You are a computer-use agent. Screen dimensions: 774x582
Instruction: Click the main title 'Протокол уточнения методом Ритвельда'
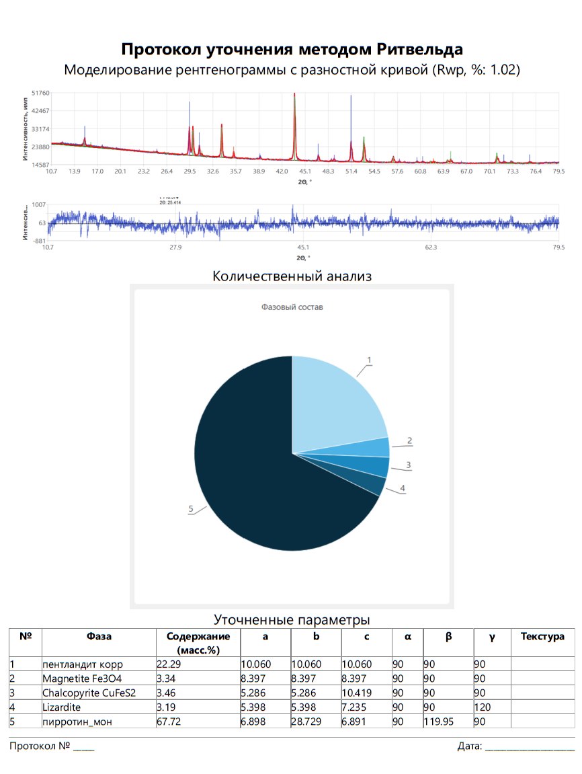pos(292,49)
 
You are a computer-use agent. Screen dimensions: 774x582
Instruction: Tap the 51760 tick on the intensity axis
pos(40,93)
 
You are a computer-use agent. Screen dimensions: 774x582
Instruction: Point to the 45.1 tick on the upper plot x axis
pos(304,172)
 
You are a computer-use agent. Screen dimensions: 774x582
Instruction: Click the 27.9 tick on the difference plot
pos(175,247)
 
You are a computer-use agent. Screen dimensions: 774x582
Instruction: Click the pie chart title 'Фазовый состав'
pos(292,307)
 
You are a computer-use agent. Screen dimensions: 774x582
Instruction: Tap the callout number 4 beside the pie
pos(403,488)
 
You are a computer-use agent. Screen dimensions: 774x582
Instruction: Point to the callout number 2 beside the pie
pos(409,441)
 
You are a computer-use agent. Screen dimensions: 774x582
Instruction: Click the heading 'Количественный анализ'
pos(292,276)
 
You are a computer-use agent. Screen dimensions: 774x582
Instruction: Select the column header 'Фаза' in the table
pos(99,636)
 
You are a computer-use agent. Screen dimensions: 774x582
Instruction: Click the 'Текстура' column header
pos(542,636)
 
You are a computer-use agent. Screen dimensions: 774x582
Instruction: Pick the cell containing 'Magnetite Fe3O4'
pos(82,679)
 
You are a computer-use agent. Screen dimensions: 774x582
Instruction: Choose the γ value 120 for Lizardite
pos(482,707)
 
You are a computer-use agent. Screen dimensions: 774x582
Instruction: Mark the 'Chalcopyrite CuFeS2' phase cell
pos(89,693)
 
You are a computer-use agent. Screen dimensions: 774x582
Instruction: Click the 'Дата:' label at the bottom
pos(469,746)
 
